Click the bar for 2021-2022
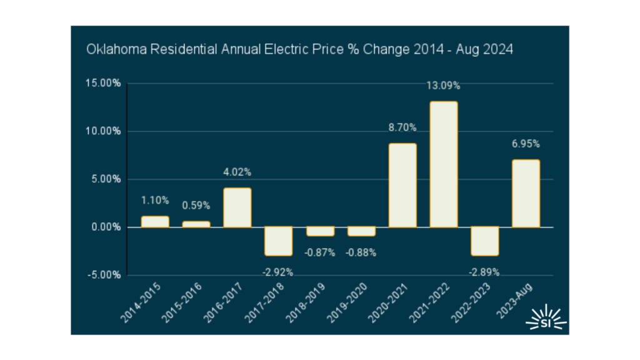click(x=444, y=164)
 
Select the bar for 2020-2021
click(x=402, y=185)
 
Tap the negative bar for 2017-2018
click(x=279, y=241)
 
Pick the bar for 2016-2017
click(x=237, y=207)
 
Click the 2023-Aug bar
click(x=526, y=193)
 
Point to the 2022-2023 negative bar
click(x=485, y=241)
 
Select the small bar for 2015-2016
click(x=196, y=224)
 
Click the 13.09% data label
click(x=443, y=86)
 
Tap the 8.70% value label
click(x=402, y=128)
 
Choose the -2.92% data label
click(x=278, y=272)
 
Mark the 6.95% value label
click(x=526, y=144)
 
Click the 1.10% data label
click(x=155, y=201)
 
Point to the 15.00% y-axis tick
click(x=102, y=83)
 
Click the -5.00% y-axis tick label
click(x=103, y=275)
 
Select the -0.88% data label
click(x=361, y=252)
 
